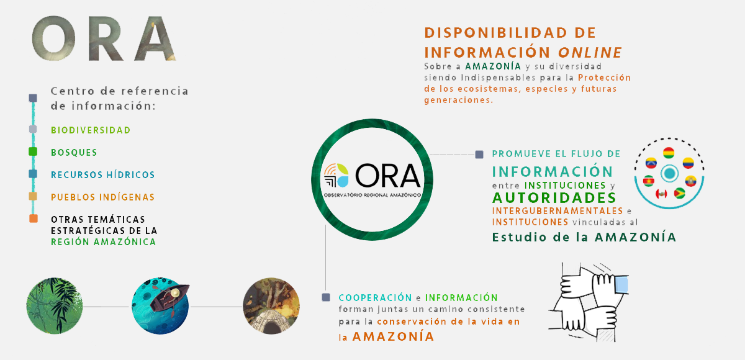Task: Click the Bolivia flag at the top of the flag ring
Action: [x=669, y=153]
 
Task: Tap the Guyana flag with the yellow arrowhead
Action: [x=679, y=193]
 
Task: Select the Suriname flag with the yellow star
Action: [x=649, y=181]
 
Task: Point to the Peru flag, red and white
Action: [x=661, y=194]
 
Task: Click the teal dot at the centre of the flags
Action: [x=669, y=173]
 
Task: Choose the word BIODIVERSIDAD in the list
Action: [x=91, y=130]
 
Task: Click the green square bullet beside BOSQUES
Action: [x=33, y=151]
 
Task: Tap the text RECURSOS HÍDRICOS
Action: [x=103, y=174]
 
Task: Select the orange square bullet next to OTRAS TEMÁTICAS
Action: [x=34, y=218]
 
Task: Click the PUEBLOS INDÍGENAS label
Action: [x=103, y=197]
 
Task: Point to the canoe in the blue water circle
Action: [x=169, y=297]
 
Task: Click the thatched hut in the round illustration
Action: [x=271, y=322]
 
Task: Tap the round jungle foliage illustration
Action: [x=55, y=306]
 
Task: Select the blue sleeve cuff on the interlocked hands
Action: [x=621, y=285]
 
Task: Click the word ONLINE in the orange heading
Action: [x=590, y=53]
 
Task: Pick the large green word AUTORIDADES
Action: [x=554, y=198]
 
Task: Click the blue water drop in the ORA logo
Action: [x=343, y=181]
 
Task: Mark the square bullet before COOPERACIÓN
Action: [x=326, y=297]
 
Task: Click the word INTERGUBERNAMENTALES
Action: [x=558, y=211]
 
